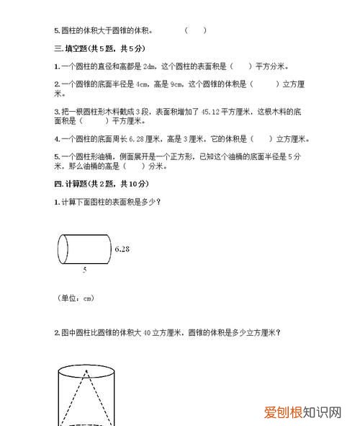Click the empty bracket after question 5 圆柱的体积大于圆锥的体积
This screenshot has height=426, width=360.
195,30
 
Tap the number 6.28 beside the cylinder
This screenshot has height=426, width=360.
122,249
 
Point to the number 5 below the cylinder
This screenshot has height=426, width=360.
84,270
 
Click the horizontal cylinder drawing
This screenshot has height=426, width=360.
83,249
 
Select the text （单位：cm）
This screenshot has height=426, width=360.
75,297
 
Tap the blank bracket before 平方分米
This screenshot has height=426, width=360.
241,66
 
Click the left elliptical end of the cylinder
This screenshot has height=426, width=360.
63,249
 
